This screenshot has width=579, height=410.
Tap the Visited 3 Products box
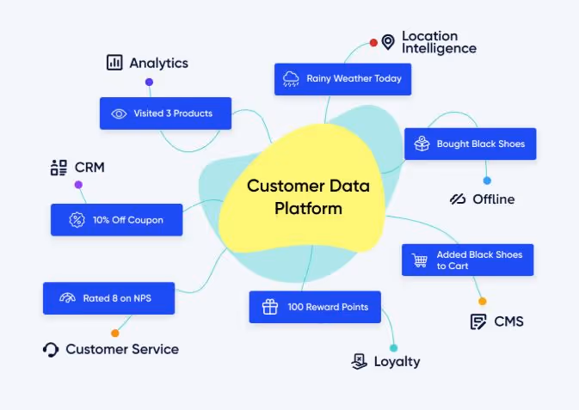coord(165,113)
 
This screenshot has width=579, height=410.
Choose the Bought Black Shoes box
coord(470,144)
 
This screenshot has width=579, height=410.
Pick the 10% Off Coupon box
coord(116,220)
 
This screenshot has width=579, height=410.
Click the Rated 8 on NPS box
coord(109,298)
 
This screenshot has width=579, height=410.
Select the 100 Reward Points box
coord(314,307)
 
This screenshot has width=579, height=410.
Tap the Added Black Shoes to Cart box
coord(467,260)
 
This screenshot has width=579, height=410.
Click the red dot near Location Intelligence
coord(373,42)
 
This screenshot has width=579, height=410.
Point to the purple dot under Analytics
coord(149,83)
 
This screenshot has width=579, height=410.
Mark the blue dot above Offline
coord(487,181)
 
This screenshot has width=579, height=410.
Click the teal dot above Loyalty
coord(394,348)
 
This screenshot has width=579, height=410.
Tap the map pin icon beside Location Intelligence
coord(388,41)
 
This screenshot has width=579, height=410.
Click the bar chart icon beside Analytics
coord(114,63)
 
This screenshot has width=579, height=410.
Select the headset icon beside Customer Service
coord(51,349)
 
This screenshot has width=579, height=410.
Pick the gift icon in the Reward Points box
coord(269,307)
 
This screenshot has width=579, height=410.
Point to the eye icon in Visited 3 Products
coord(119,113)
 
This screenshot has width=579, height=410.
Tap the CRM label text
coord(89,168)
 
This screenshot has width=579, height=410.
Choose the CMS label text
coord(508,321)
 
